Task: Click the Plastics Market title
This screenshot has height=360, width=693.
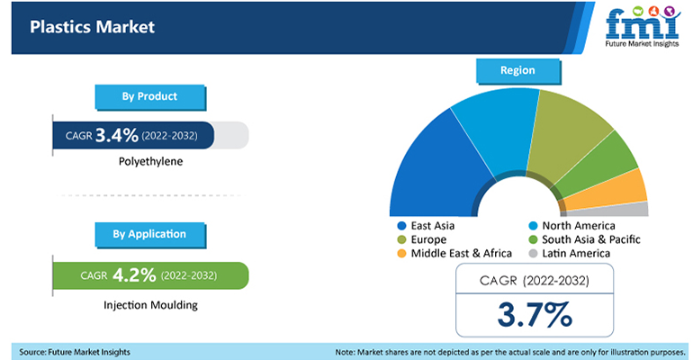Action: [92, 27]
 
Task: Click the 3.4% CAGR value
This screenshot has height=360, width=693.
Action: [117, 135]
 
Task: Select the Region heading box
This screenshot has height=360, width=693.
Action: [517, 69]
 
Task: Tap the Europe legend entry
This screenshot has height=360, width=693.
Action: [426, 239]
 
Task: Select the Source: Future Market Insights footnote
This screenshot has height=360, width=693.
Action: [74, 350]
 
